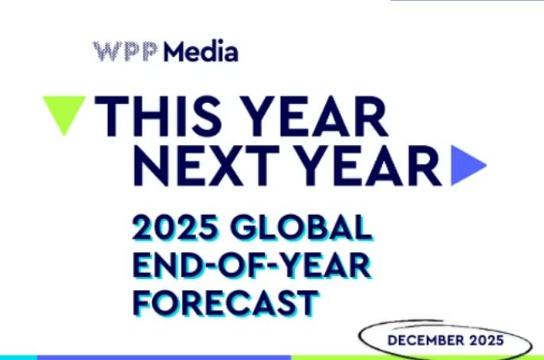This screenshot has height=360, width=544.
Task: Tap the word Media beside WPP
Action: pos(199,52)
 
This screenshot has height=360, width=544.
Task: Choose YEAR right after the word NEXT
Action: pos(366,164)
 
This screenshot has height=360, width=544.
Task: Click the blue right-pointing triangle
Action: pos(466,165)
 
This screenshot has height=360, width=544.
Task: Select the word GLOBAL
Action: pos(301,231)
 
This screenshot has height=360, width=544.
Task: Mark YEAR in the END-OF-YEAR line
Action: pos(322,266)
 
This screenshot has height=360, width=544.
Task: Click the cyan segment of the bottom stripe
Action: pos(17,357)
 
